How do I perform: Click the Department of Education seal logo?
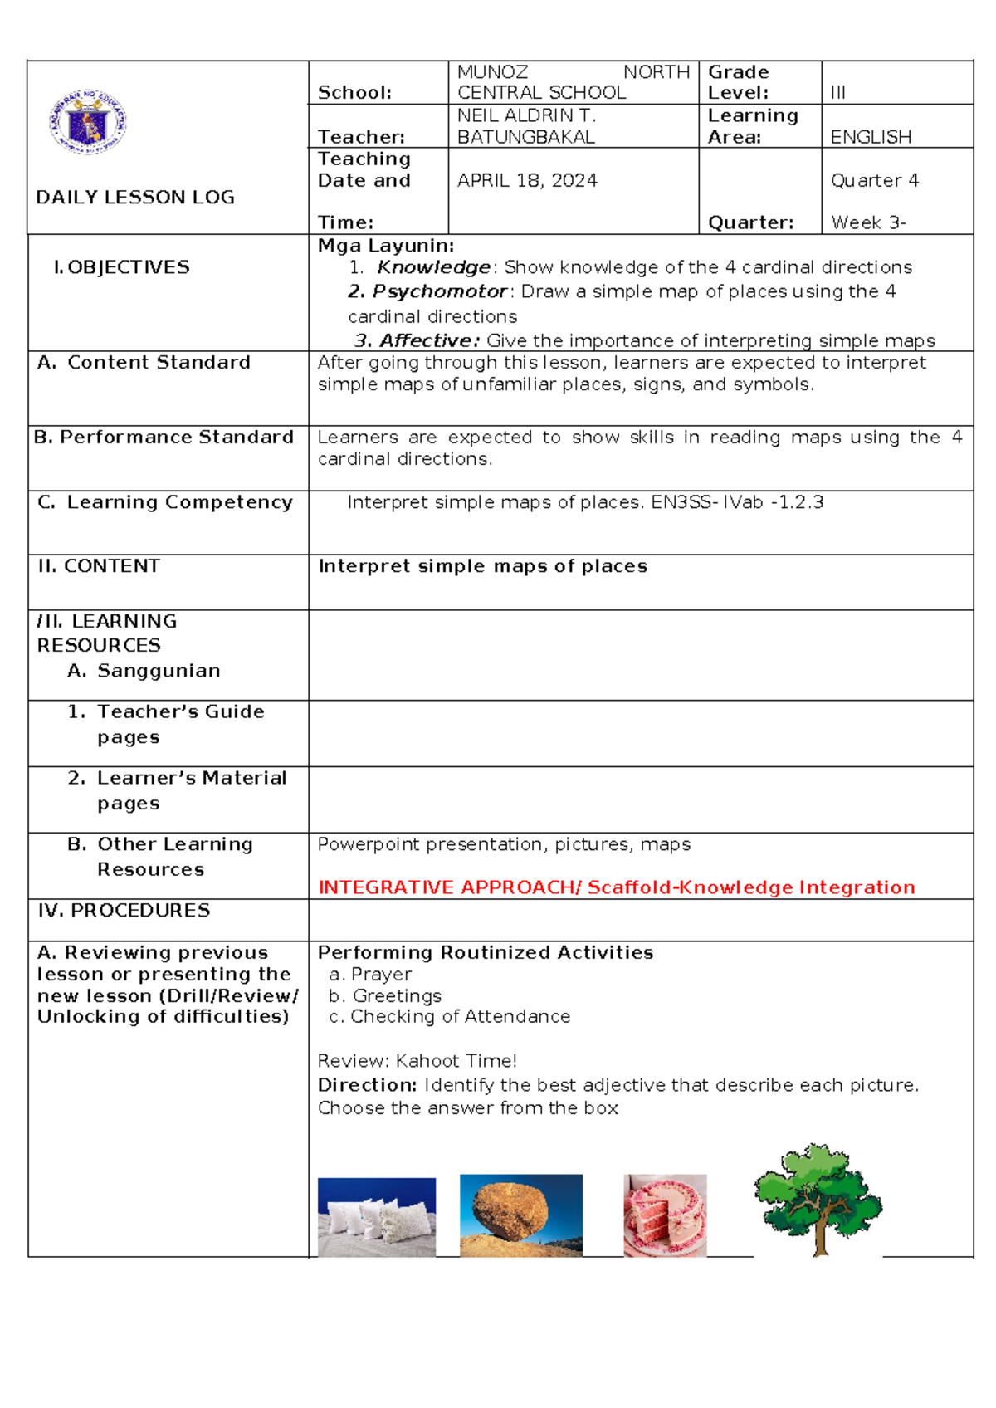[87, 125]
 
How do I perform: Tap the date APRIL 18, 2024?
[527, 180]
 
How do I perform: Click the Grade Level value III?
[837, 93]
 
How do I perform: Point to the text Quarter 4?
[874, 180]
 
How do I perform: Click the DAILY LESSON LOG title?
[135, 198]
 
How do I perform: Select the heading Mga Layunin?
[386, 245]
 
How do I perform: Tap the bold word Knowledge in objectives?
[433, 267]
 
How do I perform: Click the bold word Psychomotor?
[439, 291]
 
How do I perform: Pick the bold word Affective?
[426, 340]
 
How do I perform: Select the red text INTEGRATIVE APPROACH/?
[451, 887]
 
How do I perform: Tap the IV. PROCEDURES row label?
[124, 911]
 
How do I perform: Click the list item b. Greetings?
[385, 995]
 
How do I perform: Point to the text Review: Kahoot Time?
[417, 1061]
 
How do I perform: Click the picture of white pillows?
[377, 1216]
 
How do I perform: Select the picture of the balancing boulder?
[521, 1215]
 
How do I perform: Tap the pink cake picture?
[665, 1215]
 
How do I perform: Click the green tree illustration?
[818, 1199]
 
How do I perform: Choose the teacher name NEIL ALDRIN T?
[526, 115]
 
